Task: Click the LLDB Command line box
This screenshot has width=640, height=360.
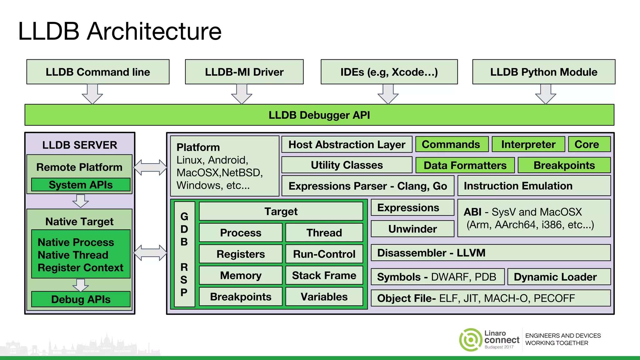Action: click(x=98, y=72)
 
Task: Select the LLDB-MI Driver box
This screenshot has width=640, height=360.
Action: click(x=244, y=72)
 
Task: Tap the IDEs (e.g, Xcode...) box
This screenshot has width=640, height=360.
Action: click(x=389, y=72)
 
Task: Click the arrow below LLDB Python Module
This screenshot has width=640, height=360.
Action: click(x=546, y=94)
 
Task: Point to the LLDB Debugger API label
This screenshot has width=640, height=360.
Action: click(x=319, y=115)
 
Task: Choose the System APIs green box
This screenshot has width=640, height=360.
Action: click(x=81, y=185)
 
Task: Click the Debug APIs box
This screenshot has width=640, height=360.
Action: click(x=81, y=299)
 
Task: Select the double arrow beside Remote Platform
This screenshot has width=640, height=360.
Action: click(x=150, y=167)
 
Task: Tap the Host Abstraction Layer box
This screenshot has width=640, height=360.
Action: click(x=347, y=144)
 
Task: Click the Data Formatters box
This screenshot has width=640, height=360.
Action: click(x=465, y=165)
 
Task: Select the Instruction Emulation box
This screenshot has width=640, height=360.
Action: click(x=534, y=186)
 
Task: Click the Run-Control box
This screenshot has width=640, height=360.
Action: click(x=324, y=254)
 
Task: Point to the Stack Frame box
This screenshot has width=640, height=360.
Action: click(x=324, y=275)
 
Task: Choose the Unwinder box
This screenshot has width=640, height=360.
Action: click(x=412, y=229)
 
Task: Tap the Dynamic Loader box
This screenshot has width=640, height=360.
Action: click(x=559, y=277)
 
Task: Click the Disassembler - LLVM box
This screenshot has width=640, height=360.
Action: click(x=490, y=253)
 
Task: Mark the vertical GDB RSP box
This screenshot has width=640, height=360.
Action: click(x=184, y=254)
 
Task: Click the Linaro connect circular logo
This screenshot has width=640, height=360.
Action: click(x=471, y=340)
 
